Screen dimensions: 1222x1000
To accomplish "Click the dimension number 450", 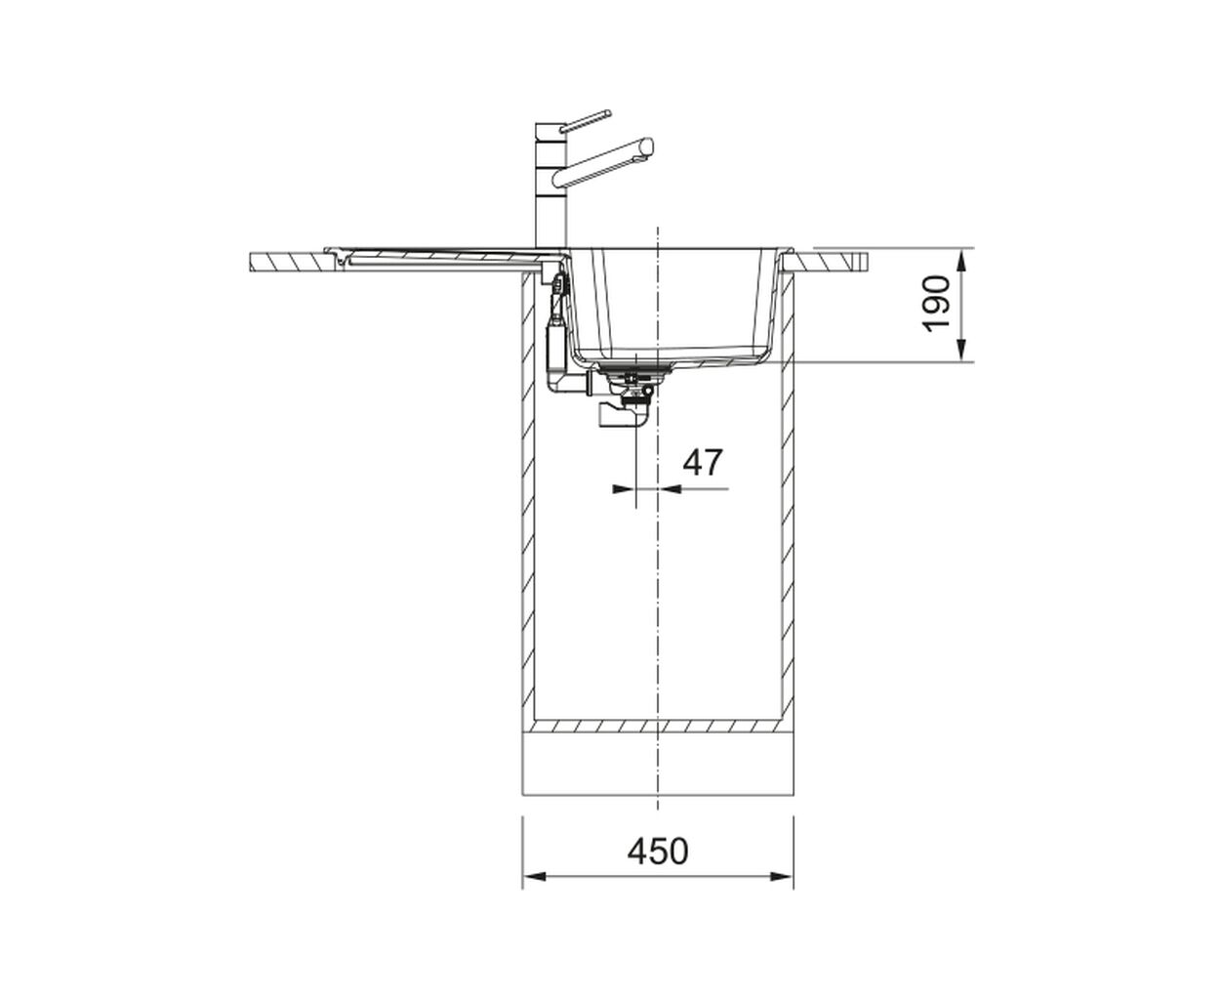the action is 658,851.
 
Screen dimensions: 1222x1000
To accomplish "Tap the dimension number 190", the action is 936,305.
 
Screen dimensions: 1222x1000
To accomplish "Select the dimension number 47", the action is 703,462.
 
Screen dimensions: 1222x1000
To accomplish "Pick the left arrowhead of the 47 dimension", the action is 625,489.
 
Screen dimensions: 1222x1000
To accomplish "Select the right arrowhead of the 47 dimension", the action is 670,489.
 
